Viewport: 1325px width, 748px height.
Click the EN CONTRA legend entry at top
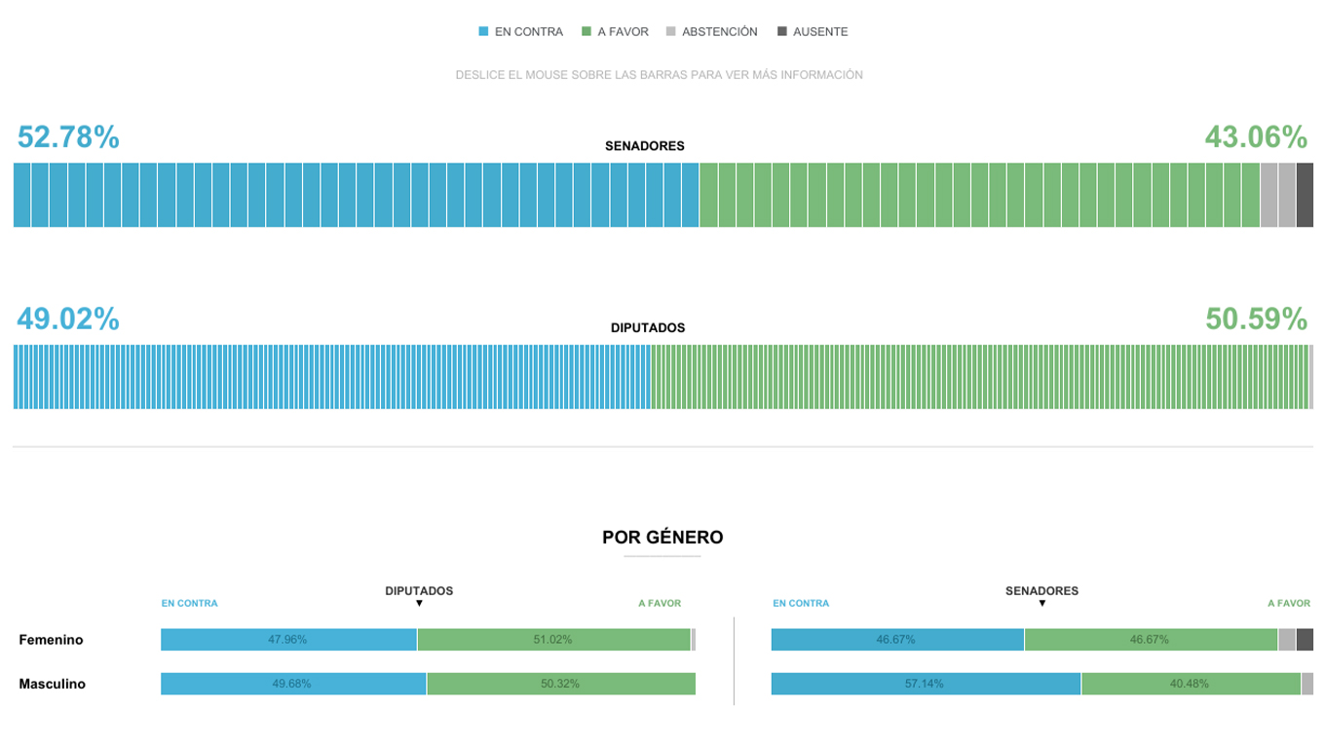(521, 32)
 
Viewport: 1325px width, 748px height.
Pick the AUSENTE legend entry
(813, 32)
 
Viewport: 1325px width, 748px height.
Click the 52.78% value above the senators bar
(68, 137)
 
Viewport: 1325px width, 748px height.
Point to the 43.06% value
(1256, 137)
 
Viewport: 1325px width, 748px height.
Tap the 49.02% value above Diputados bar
(68, 318)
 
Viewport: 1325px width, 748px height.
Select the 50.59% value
(1256, 318)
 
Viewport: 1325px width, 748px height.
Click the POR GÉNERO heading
(662, 538)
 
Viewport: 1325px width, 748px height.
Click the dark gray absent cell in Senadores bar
(1305, 195)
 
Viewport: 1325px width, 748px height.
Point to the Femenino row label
(51, 640)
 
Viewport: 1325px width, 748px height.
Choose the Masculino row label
(52, 684)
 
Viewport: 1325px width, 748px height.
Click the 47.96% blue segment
(288, 640)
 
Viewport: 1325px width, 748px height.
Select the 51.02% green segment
(553, 640)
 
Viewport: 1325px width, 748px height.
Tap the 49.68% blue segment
(292, 684)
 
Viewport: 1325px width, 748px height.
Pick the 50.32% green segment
(560, 684)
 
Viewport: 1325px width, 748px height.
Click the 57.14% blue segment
(925, 684)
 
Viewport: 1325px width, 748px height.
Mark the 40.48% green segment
(1190, 684)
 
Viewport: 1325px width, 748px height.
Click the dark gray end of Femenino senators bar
(1305, 640)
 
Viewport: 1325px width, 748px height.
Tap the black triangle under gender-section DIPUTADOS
(419, 604)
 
